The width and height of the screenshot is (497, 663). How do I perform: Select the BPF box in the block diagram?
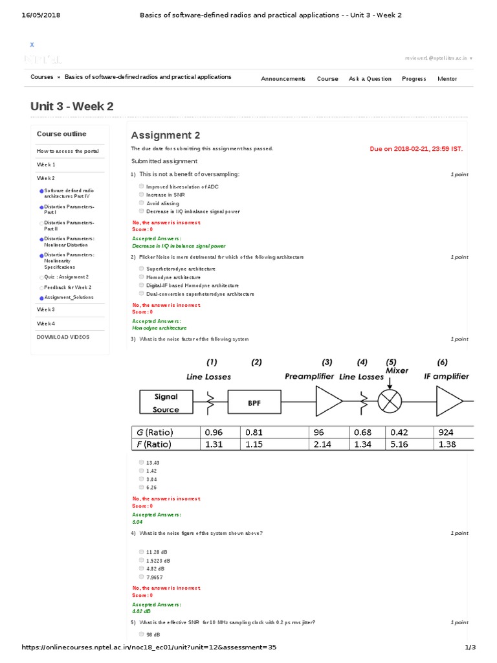pos(254,402)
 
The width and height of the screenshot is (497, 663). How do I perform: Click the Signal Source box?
pos(166,402)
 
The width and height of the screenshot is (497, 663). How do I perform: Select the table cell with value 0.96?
pos(219,432)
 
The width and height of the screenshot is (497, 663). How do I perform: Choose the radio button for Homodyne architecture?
pos(141,276)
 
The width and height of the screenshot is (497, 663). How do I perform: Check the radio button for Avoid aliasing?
pos(141,203)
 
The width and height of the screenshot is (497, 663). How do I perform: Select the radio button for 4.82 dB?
pos(141,568)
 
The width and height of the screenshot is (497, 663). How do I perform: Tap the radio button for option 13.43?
pos(141,462)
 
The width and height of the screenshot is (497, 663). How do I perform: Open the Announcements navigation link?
pos(283,79)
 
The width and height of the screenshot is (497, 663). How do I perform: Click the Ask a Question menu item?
pos(370,79)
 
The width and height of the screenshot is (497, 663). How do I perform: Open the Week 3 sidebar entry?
pos(46,309)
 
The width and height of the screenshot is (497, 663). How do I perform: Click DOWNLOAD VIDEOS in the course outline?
pos(63,337)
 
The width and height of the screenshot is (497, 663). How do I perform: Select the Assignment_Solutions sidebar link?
pos(69,297)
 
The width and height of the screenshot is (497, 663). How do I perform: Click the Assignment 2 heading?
pos(166,135)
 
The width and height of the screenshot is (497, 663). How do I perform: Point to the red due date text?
pos(416,148)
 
